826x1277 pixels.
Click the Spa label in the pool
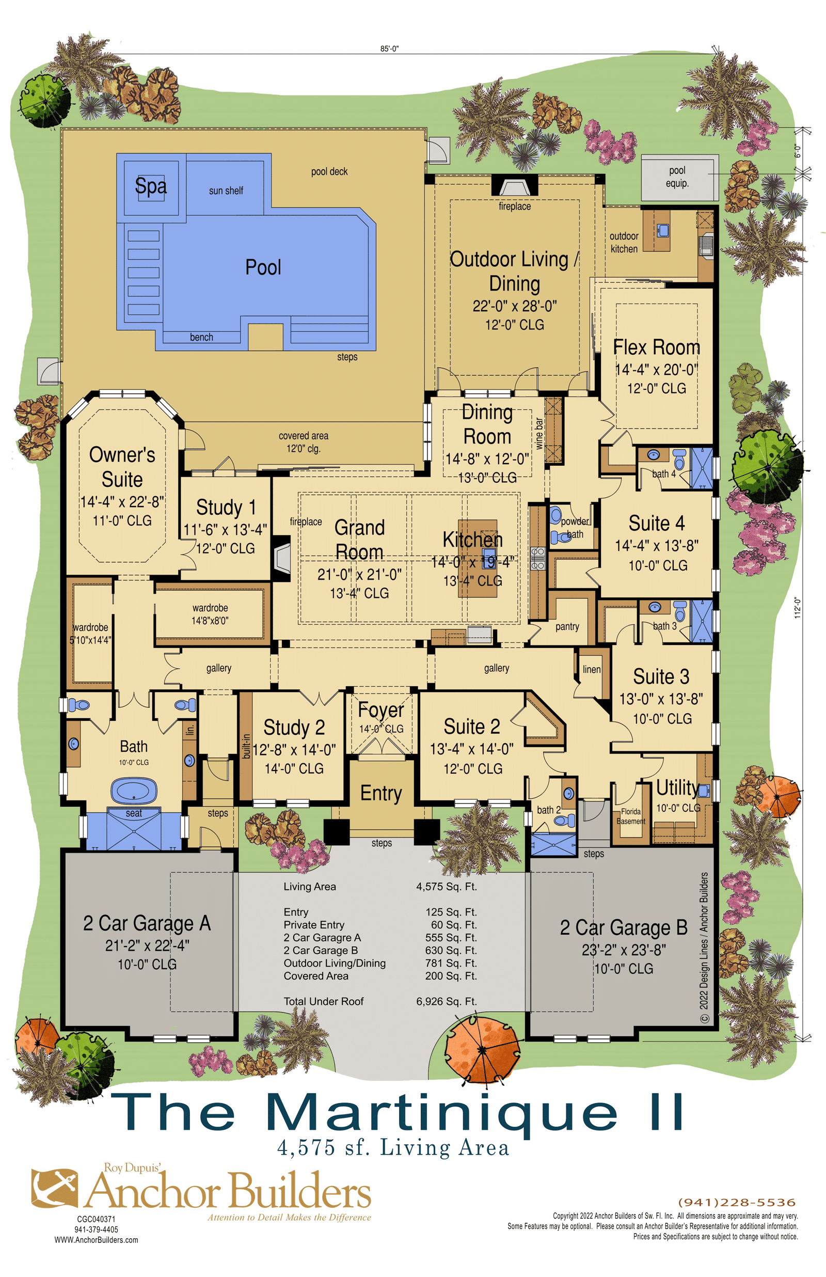151,186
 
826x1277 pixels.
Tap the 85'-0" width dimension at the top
389,49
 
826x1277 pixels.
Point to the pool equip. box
679,178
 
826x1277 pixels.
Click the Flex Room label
657,348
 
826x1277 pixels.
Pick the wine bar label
539,433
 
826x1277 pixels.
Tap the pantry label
567,626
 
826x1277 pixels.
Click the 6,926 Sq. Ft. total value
446,1001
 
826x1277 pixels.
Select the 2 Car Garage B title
624,927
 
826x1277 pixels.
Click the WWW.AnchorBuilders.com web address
96,1239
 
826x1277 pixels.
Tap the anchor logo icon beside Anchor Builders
54,1189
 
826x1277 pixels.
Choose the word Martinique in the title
441,1113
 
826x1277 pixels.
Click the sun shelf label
226,191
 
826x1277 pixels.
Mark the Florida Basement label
631,816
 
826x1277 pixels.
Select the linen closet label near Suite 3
592,669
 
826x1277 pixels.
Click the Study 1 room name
226,508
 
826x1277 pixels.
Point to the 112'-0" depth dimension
798,608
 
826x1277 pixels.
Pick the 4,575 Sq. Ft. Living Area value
446,887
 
